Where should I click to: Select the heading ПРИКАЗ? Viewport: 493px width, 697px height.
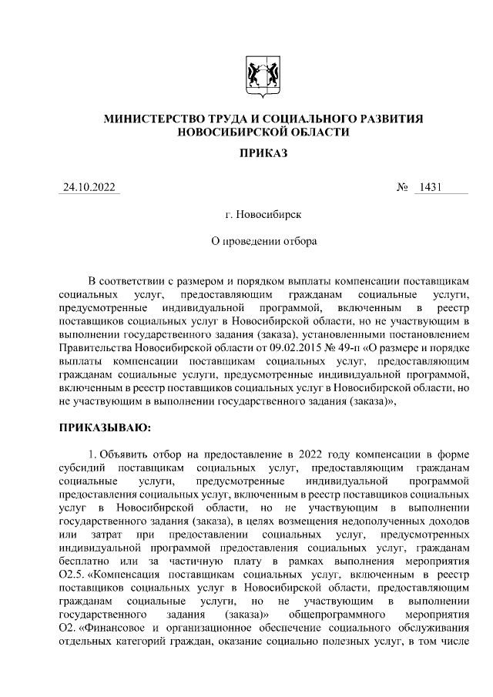(x=263, y=153)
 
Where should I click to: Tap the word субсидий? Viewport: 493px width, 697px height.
(x=82, y=467)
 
